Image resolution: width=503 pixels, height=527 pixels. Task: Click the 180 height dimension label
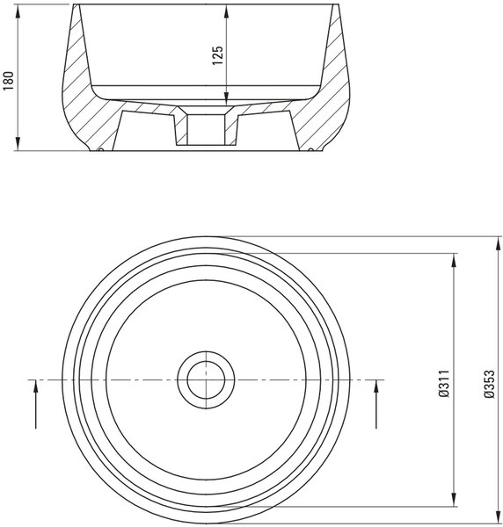(9, 80)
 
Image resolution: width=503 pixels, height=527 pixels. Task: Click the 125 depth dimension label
(218, 55)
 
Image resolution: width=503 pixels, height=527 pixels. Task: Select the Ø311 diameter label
(444, 384)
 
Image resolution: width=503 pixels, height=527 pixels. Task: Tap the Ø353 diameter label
(490, 384)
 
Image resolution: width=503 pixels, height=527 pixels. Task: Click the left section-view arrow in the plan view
(35, 404)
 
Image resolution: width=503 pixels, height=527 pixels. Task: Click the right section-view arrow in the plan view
(376, 404)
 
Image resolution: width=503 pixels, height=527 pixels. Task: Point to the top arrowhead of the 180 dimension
(18, 12)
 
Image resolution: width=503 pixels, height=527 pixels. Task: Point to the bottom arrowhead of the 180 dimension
(18, 143)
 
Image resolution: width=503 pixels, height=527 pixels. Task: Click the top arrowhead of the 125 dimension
(226, 12)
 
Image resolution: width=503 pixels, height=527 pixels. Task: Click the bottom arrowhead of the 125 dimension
(226, 99)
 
